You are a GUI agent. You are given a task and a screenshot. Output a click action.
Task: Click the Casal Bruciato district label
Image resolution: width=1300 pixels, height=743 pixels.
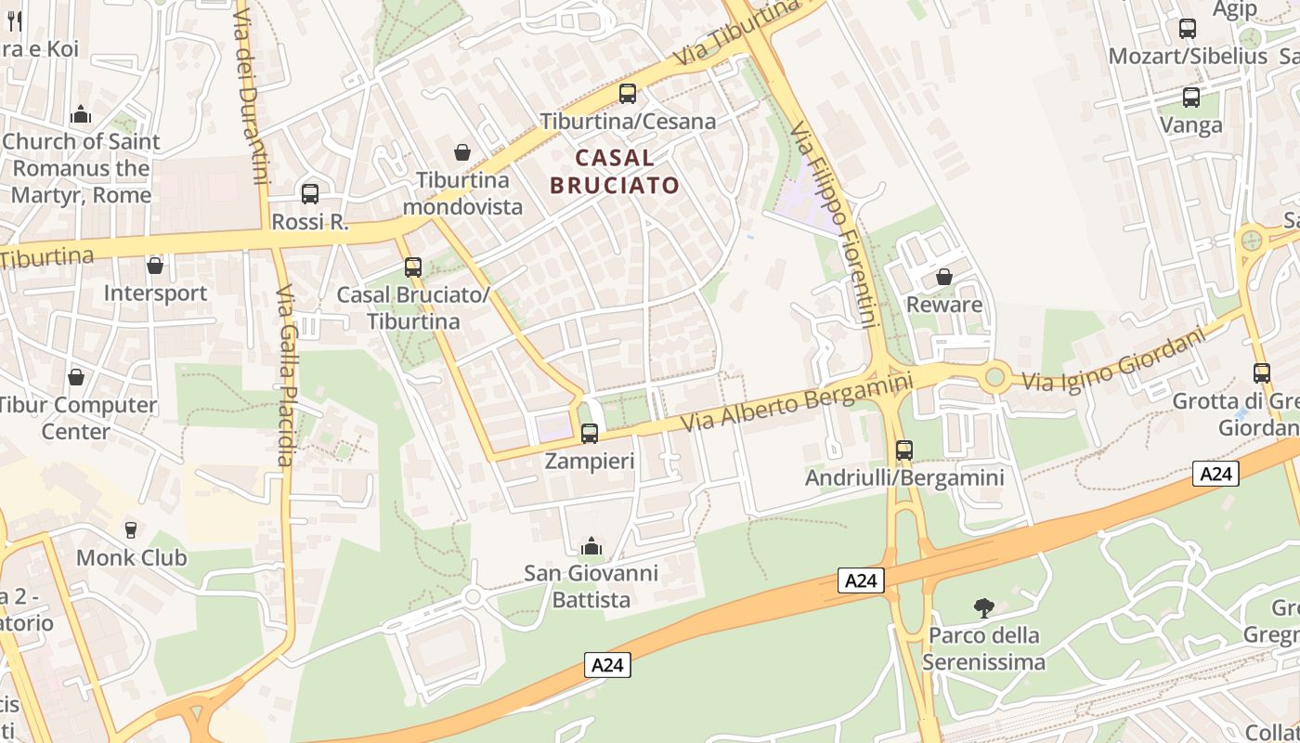(615, 171)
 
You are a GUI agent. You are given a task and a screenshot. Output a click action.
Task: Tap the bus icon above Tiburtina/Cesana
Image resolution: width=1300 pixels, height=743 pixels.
(628, 94)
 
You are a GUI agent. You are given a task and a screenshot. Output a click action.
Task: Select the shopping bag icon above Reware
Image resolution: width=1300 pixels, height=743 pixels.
(944, 277)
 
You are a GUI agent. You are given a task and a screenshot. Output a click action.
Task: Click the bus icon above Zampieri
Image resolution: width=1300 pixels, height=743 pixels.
(589, 433)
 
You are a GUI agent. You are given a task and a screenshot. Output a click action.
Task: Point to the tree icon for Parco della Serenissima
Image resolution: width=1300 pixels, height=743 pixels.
(984, 608)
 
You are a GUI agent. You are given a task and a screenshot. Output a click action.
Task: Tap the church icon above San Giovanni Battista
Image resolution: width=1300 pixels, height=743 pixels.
(591, 546)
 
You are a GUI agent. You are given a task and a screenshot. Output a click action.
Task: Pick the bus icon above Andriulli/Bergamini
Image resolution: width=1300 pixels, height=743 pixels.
(904, 450)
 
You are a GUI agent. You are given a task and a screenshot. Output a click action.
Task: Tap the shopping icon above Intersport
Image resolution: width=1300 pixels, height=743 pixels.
(155, 267)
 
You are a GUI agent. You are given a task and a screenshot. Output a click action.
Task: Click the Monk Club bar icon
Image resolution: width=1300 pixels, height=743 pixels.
(131, 530)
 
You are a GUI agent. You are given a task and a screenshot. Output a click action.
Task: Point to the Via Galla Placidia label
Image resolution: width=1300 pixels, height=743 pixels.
(285, 375)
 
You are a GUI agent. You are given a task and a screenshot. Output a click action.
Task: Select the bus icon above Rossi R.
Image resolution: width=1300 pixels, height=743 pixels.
(310, 194)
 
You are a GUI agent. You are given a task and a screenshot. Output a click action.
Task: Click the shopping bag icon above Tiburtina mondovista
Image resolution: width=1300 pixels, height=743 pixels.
(462, 152)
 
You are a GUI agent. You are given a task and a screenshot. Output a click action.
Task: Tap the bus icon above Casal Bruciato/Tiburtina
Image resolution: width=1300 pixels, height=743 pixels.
(413, 267)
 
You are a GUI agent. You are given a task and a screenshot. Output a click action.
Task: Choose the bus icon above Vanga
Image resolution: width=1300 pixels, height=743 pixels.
(1191, 98)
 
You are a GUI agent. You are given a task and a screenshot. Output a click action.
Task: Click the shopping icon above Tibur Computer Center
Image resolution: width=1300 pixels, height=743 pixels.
(76, 378)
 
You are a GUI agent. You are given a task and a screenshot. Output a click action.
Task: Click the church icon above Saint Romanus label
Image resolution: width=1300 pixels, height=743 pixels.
(81, 114)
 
